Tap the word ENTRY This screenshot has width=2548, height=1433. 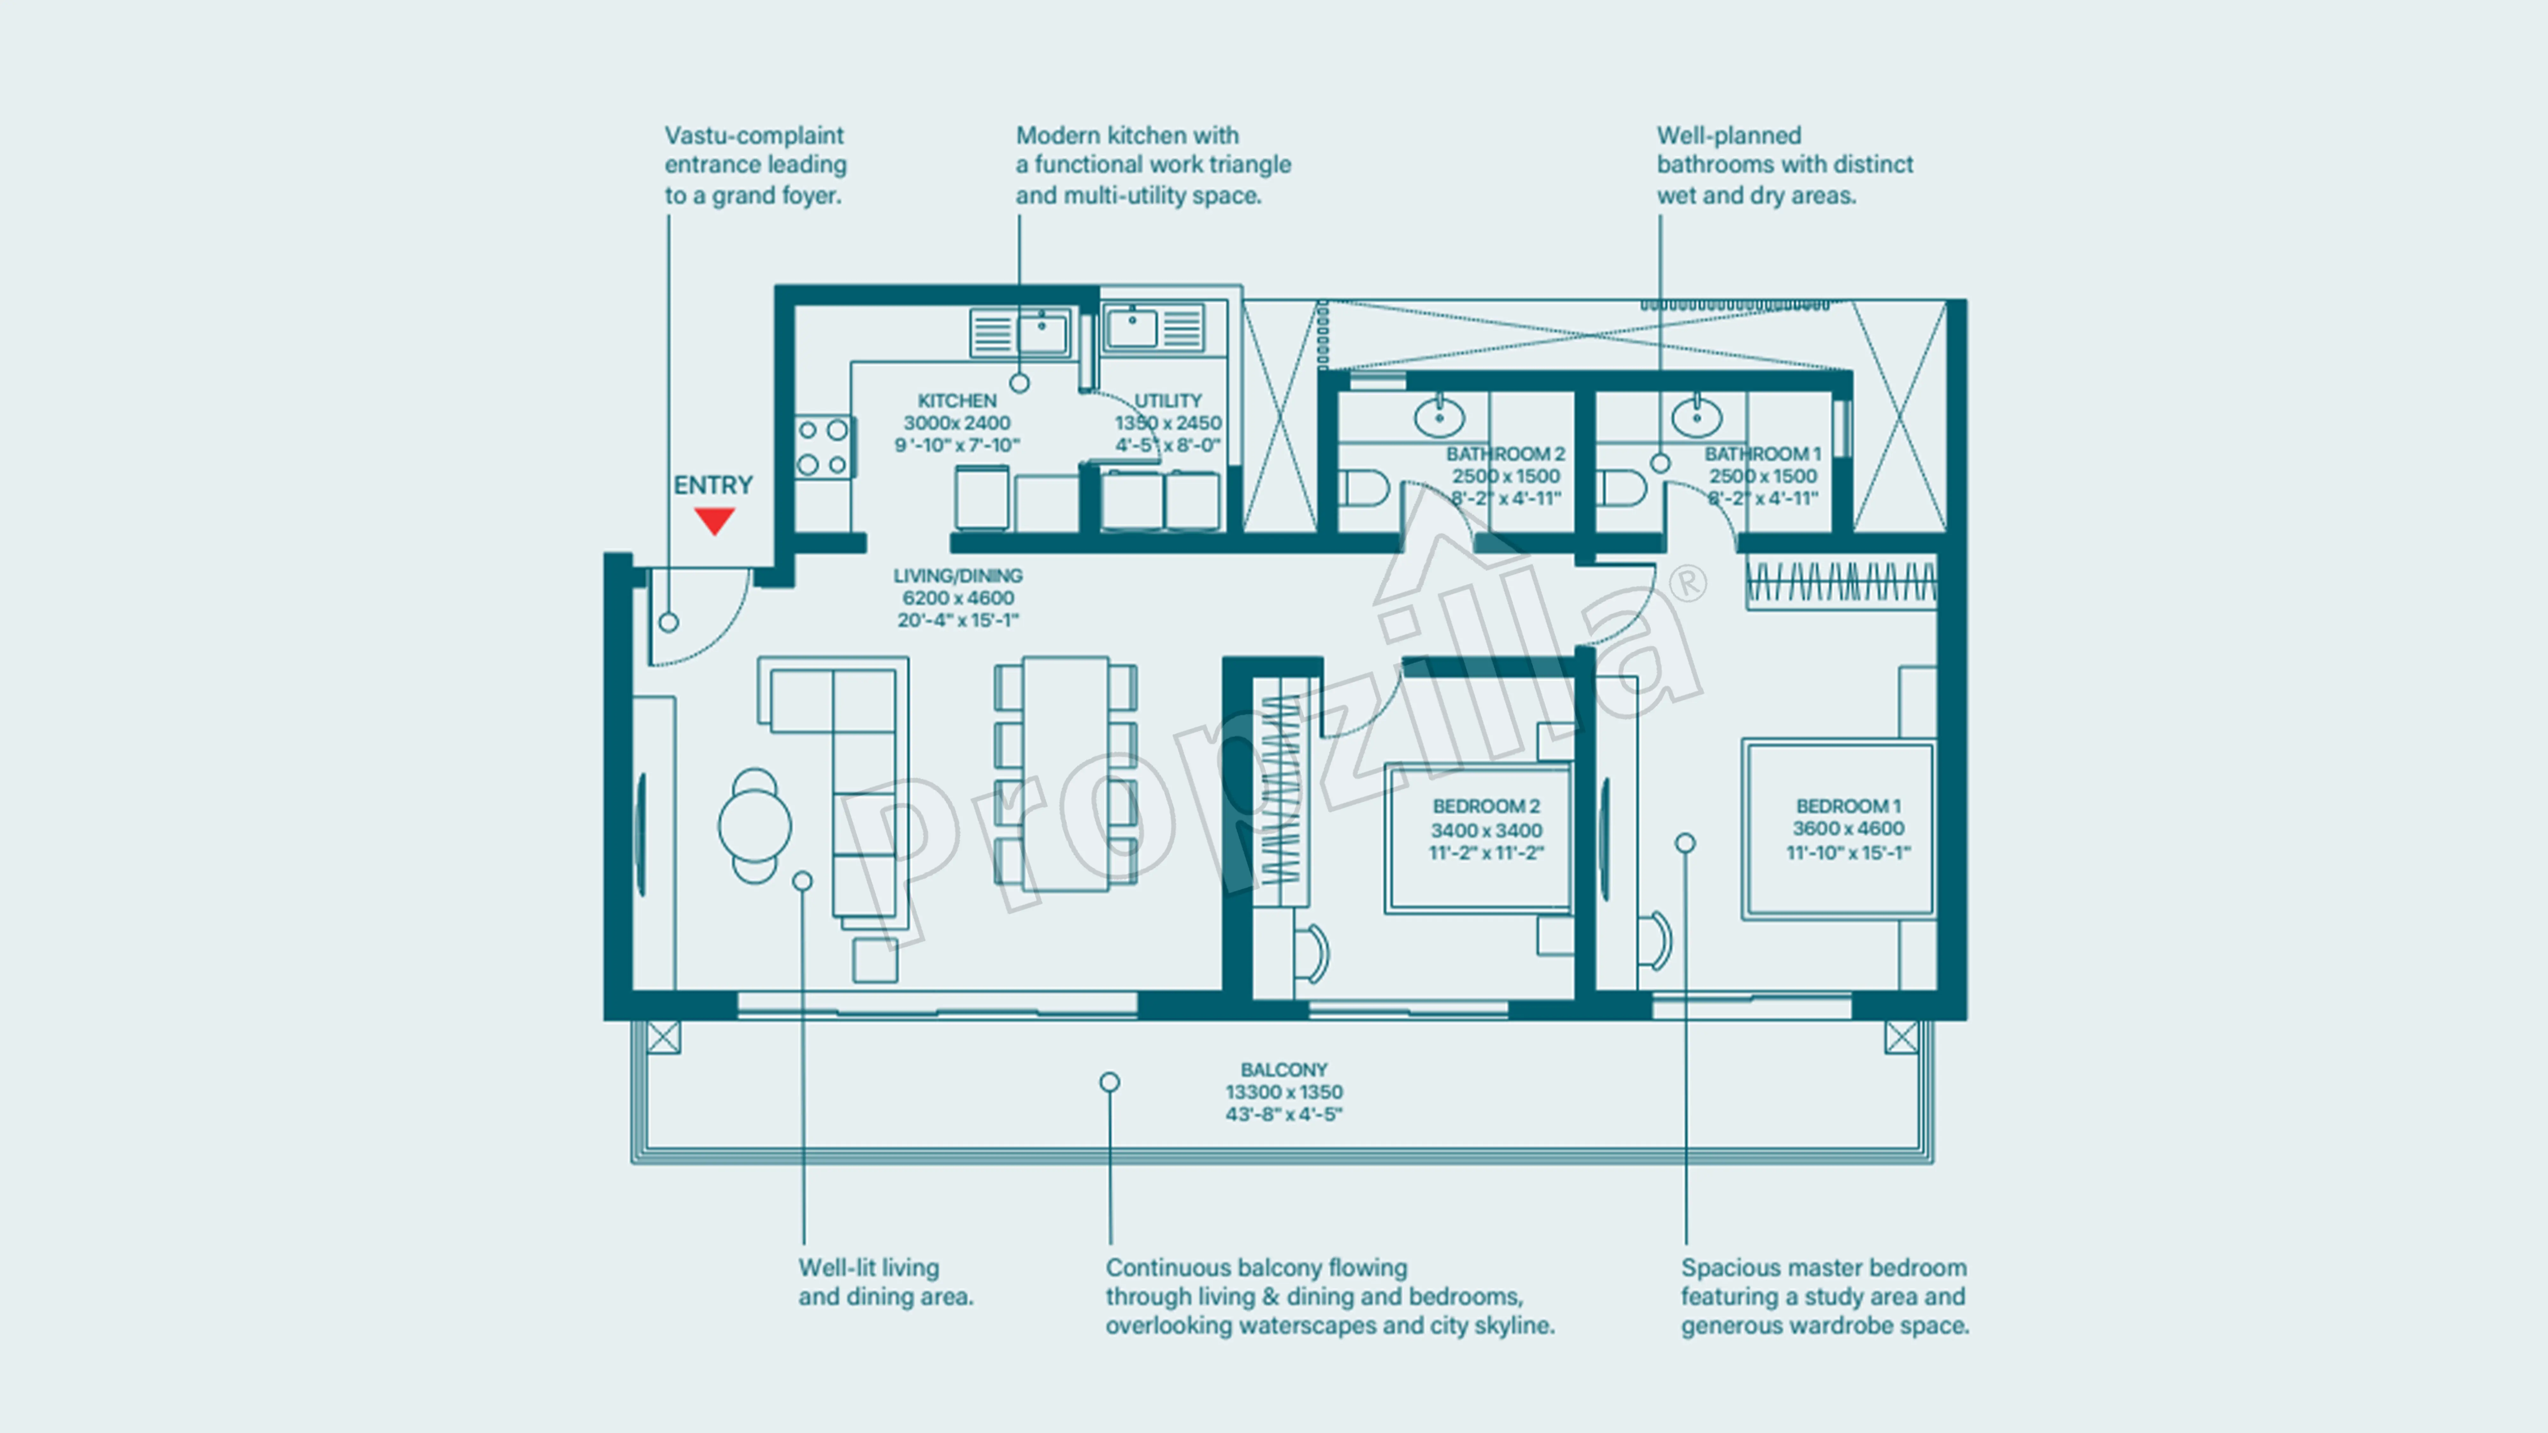click(x=713, y=486)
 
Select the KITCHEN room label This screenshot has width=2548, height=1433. click(x=956, y=401)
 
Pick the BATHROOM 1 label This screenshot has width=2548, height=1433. click(x=1763, y=454)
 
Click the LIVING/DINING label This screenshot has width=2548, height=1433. click(x=957, y=575)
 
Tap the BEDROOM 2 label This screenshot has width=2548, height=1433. click(x=1486, y=806)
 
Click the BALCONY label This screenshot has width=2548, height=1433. click(x=1284, y=1070)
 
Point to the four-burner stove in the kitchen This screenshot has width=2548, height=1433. click(x=823, y=447)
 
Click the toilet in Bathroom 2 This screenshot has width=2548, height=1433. click(x=1365, y=488)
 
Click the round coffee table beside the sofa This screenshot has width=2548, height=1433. click(x=755, y=825)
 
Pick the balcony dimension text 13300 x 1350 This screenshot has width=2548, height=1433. click(x=1284, y=1092)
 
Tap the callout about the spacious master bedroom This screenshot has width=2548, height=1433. click(x=1825, y=1296)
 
